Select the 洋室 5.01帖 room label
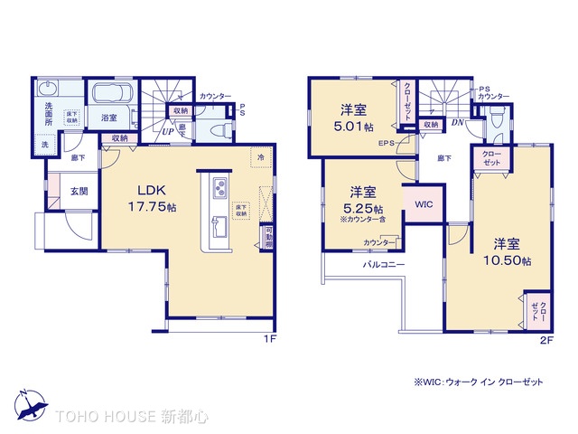353,118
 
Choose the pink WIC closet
424,205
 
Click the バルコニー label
384,265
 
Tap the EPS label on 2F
387,142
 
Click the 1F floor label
268,340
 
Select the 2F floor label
545,340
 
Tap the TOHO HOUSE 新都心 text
131,417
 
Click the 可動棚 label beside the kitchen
269,239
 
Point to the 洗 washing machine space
44,145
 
